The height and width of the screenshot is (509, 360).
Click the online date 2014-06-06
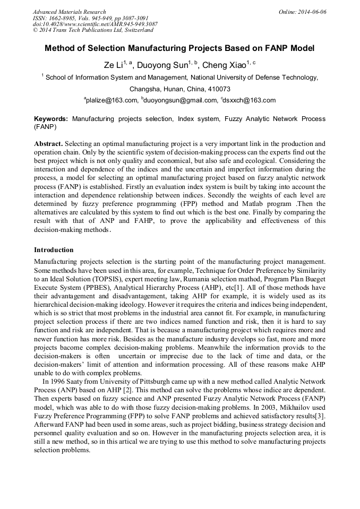[312, 12]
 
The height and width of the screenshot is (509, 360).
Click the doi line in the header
[95, 24]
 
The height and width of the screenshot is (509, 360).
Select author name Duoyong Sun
[162, 65]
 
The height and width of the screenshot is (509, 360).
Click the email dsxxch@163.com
[251, 100]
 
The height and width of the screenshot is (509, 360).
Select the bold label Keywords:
[51, 119]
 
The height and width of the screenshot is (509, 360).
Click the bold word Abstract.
[49, 144]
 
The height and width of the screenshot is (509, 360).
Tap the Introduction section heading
[54, 249]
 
